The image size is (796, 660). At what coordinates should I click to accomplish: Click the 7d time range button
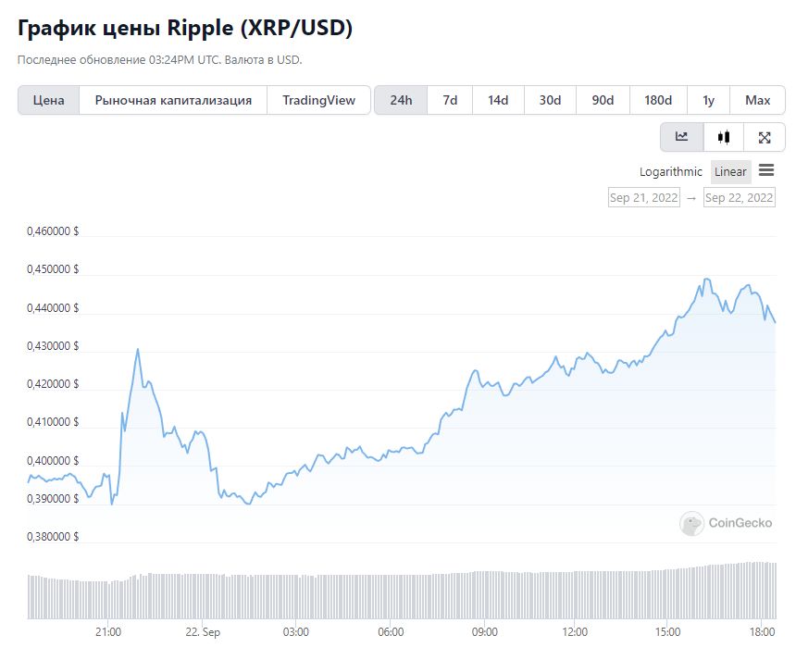click(450, 100)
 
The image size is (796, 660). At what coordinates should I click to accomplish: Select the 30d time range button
click(550, 100)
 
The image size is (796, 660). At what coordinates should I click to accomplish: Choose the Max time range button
click(757, 100)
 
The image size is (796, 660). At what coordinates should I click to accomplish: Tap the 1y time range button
click(709, 100)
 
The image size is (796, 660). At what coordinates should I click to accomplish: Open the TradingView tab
click(318, 100)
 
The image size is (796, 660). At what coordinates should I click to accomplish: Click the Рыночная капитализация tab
click(173, 100)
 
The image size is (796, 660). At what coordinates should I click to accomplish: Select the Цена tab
click(49, 100)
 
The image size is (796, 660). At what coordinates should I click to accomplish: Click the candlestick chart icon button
click(724, 137)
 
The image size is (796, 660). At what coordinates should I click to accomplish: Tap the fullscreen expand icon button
click(764, 137)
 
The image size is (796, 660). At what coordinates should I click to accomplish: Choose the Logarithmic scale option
click(671, 171)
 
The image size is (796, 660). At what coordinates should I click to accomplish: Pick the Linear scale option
click(730, 171)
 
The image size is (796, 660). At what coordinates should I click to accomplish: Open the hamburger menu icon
click(766, 170)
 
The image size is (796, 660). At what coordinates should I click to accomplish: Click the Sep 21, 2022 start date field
click(643, 197)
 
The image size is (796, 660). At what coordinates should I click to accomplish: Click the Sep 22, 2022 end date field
click(740, 197)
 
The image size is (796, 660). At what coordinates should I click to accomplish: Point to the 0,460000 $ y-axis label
click(53, 231)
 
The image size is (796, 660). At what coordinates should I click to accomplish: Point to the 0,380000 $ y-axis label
click(53, 537)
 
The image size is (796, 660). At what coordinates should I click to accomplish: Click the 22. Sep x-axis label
click(203, 632)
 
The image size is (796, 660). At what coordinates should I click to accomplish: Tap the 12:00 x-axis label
click(575, 632)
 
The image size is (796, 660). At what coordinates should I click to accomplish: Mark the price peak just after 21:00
click(138, 349)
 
